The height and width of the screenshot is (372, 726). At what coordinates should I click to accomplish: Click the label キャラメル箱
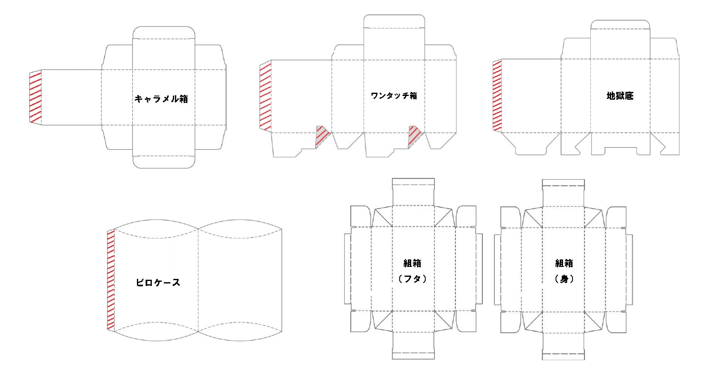click(161, 99)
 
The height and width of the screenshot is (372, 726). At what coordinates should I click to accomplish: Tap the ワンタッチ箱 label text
click(394, 96)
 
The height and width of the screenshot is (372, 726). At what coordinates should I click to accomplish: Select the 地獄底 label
click(620, 96)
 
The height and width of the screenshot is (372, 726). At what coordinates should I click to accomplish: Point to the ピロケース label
click(158, 283)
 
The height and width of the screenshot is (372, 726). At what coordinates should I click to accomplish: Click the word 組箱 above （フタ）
click(412, 263)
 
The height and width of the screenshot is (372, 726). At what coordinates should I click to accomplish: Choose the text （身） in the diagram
click(564, 279)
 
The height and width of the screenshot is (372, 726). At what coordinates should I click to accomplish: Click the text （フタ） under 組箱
click(412, 279)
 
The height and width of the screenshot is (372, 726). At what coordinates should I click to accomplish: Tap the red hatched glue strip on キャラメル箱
click(36, 97)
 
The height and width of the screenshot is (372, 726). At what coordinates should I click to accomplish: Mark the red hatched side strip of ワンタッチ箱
click(265, 96)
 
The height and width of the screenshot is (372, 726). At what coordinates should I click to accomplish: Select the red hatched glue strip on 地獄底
click(497, 96)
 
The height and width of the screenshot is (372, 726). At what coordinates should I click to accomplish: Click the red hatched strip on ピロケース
click(111, 280)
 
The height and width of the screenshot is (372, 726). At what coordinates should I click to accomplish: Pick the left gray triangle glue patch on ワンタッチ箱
click(321, 136)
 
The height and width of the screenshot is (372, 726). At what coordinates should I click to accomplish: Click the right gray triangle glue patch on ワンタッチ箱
click(414, 136)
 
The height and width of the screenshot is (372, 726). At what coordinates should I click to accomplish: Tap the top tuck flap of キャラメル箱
click(164, 33)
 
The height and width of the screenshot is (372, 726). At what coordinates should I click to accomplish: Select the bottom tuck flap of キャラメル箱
click(164, 162)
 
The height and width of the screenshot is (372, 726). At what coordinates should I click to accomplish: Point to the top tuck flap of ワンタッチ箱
click(394, 22)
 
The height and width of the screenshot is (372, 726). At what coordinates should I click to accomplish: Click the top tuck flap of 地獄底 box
click(620, 25)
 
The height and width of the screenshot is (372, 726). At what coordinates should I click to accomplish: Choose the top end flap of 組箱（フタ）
click(413, 183)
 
